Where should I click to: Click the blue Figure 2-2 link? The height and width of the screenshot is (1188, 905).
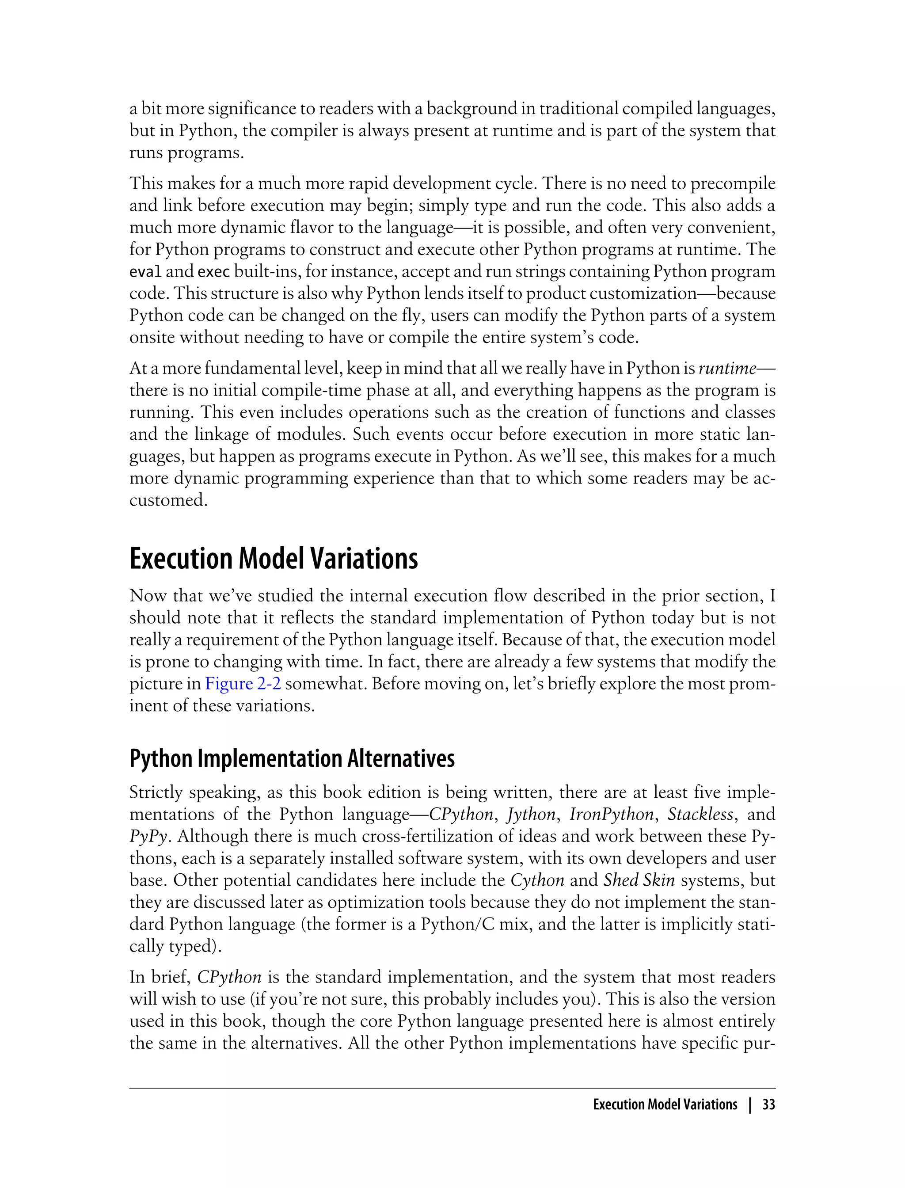click(x=243, y=684)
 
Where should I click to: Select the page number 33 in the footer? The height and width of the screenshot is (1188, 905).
click(x=769, y=1105)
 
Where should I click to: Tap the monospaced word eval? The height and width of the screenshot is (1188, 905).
click(x=145, y=271)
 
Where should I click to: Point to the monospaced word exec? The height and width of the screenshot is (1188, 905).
click(x=214, y=271)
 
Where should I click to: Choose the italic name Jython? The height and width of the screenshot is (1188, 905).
click(x=531, y=814)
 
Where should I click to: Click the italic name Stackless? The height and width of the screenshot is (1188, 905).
click(x=700, y=814)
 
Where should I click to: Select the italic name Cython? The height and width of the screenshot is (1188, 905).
click(x=537, y=880)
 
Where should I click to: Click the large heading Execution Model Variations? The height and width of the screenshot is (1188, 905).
click(x=274, y=559)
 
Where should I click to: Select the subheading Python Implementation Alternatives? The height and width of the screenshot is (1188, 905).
click(x=292, y=758)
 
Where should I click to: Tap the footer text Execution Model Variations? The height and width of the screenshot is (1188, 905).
click(x=665, y=1105)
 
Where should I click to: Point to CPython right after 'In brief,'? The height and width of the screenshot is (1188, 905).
click(x=229, y=977)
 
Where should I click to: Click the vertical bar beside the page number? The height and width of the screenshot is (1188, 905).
click(x=749, y=1105)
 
